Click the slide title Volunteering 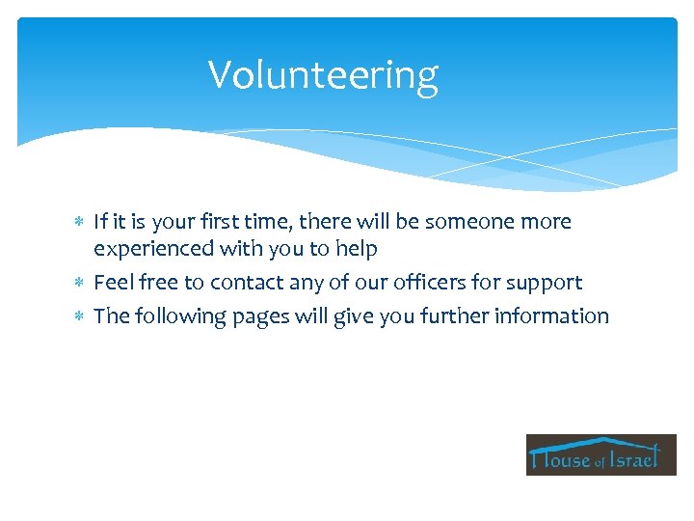click(323, 74)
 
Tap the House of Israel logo click(601, 454)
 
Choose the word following click(173, 316)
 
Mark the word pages click(255, 317)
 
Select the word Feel click(114, 283)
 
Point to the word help click(356, 249)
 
